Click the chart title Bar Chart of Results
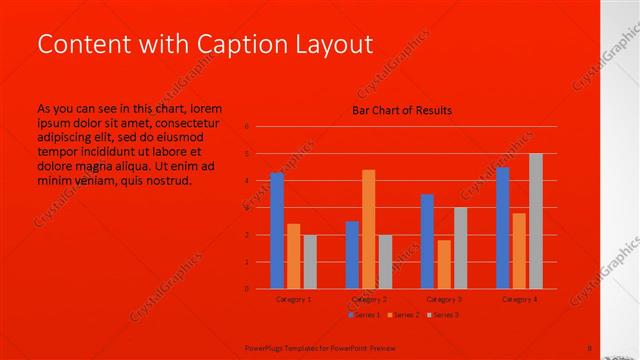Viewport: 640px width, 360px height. [401, 110]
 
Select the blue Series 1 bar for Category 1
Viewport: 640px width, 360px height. [277, 230]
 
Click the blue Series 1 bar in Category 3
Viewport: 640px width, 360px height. [427, 241]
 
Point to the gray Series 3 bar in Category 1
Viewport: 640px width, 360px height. [309, 261]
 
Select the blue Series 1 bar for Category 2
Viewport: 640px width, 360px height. [352, 254]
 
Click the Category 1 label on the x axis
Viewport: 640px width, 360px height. [293, 299]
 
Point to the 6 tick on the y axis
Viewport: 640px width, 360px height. [247, 127]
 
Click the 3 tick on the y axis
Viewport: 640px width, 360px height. [247, 208]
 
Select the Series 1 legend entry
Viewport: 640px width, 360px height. [364, 315]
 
